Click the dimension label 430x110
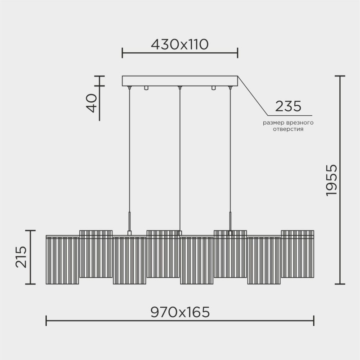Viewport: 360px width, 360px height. (180, 44)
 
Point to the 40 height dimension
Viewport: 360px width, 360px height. (92, 103)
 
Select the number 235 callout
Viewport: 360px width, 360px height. (288, 107)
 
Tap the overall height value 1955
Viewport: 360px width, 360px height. (331, 180)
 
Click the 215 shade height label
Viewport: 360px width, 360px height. (21, 257)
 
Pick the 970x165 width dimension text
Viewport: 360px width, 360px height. (180, 312)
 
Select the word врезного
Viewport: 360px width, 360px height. (299, 122)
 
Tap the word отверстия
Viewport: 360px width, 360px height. (288, 129)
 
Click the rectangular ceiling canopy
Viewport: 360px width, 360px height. (180, 81)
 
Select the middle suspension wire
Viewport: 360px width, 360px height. (180, 157)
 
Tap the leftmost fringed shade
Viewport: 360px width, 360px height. (63, 260)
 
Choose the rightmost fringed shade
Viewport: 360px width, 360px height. (297, 254)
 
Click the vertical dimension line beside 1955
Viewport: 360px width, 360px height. (340, 180)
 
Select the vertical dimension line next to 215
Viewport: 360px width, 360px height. (31, 257)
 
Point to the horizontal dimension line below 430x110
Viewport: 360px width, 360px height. (180, 54)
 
